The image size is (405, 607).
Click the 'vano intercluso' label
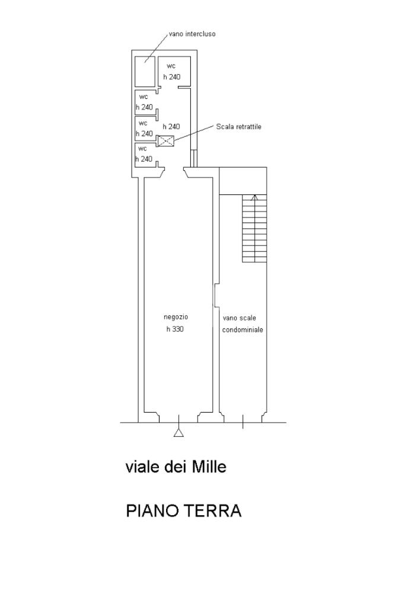point(192,34)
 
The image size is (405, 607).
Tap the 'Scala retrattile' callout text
point(238,127)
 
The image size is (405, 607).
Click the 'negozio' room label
point(176,317)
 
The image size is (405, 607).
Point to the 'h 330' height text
point(175,329)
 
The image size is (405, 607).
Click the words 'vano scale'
point(240,318)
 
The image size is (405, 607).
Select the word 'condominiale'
point(243,330)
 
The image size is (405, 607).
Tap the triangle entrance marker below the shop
point(178,432)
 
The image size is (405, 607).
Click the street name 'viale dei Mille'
point(176,467)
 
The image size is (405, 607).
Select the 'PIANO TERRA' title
point(184,511)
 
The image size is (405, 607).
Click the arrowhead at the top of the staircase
point(254,197)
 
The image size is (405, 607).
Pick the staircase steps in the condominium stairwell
point(255,228)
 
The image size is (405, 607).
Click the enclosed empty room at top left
point(145,72)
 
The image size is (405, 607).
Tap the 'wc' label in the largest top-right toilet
point(171,66)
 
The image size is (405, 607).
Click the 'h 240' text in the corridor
point(171,127)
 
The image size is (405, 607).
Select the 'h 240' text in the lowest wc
point(144,159)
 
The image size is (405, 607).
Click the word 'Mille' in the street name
point(209,467)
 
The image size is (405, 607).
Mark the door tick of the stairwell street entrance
point(243,422)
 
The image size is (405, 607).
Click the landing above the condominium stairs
point(243,181)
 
